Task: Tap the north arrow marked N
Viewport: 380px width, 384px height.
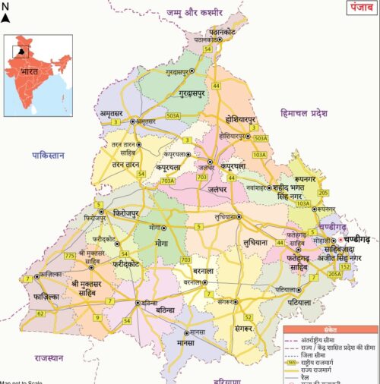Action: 5,14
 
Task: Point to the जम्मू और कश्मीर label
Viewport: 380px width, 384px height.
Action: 195,13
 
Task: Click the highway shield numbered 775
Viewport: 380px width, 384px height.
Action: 70,256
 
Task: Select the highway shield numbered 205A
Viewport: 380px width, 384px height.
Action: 335,274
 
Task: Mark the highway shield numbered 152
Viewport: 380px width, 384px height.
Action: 345,266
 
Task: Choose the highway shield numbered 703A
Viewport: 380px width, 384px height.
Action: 167,181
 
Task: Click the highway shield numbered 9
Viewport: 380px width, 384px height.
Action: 97,316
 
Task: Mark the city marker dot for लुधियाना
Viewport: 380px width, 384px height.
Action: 239,217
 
